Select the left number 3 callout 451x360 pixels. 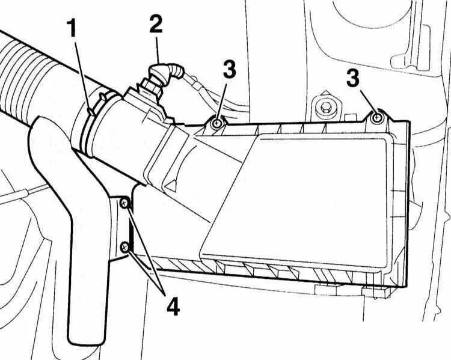229,70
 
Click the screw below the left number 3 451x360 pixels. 216,123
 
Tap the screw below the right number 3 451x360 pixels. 377,117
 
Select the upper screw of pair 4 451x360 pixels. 124,204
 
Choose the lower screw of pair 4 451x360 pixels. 124,246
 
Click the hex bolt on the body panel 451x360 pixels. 325,109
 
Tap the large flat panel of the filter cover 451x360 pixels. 301,198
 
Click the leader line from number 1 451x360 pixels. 81,72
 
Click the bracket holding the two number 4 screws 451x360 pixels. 123,225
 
